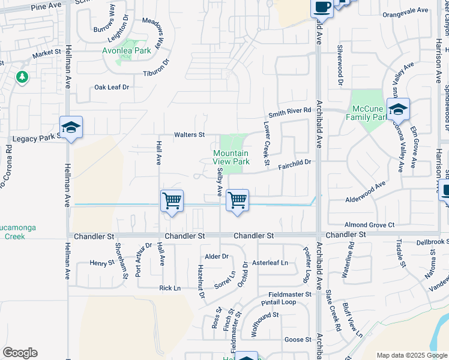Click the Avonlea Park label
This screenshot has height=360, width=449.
(126, 51)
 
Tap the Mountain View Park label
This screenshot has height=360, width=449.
(231, 158)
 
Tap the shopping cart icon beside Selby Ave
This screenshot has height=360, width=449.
(238, 200)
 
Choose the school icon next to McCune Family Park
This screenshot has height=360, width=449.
(397, 110)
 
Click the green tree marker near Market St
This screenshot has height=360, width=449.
(22, 77)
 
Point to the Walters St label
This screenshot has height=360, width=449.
(190, 135)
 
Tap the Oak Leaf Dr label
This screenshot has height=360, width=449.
(112, 87)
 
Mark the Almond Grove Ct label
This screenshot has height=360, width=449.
(374, 225)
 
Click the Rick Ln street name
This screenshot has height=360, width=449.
(170, 289)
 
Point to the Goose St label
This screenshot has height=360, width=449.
(298, 340)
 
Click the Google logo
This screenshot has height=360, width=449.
(20, 353)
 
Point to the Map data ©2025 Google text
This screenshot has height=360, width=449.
(411, 355)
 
